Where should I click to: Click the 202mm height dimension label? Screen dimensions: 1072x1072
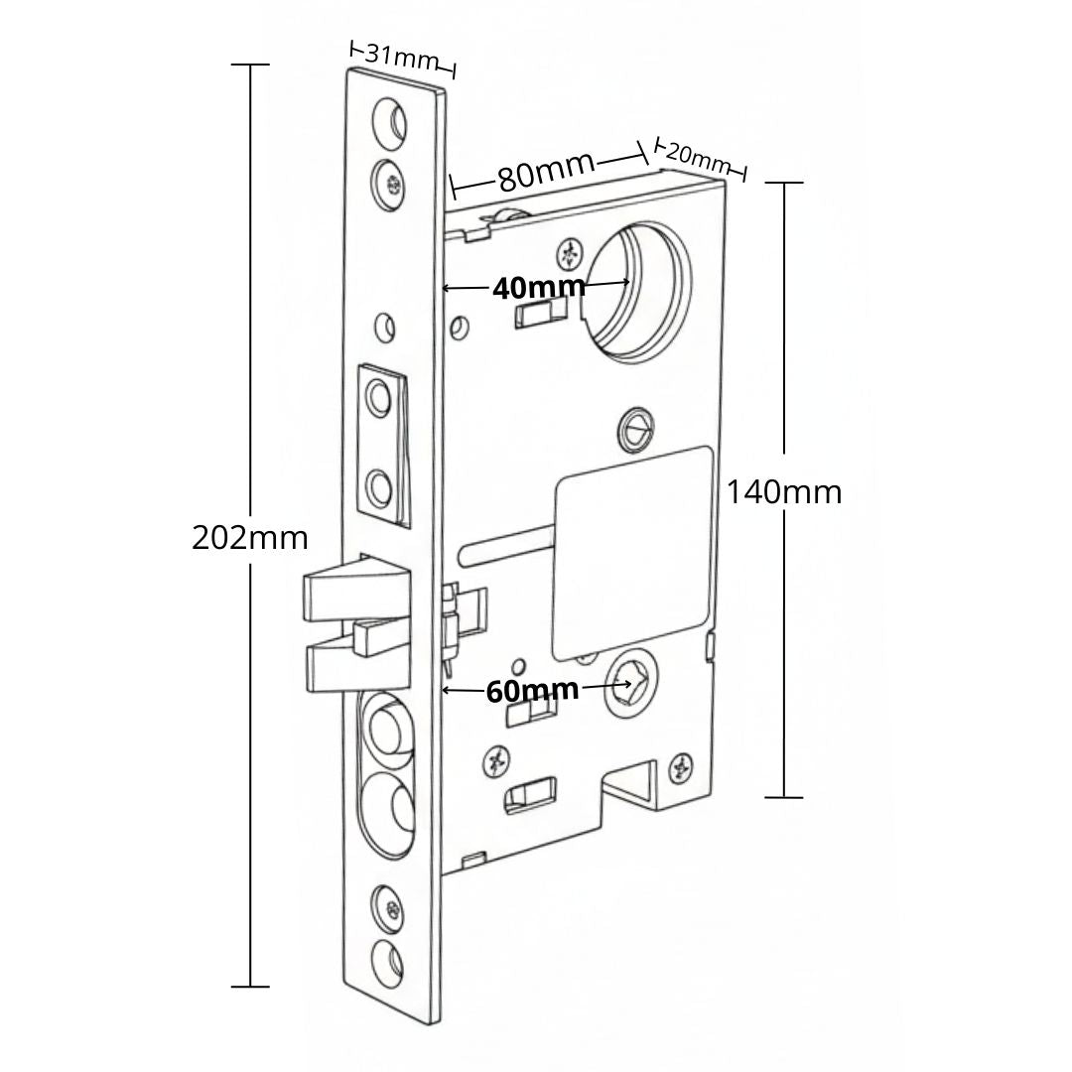tap(249, 538)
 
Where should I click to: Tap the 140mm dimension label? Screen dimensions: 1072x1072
tap(784, 492)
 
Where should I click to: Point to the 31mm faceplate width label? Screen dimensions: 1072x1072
tap(401, 57)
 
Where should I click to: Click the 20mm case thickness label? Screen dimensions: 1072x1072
tap(697, 157)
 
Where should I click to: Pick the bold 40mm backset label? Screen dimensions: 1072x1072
tap(539, 289)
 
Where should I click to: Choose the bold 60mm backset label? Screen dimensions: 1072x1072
tap(532, 690)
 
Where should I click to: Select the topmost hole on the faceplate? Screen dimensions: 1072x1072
tap(390, 119)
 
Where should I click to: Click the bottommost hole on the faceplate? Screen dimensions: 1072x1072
tap(388, 960)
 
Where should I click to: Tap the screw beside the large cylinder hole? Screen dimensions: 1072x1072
tap(570, 254)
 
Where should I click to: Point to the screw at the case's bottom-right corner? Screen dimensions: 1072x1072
tap(682, 767)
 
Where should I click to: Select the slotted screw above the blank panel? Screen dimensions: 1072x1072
tap(635, 429)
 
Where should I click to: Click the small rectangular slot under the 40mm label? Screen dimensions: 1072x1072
tap(541, 316)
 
